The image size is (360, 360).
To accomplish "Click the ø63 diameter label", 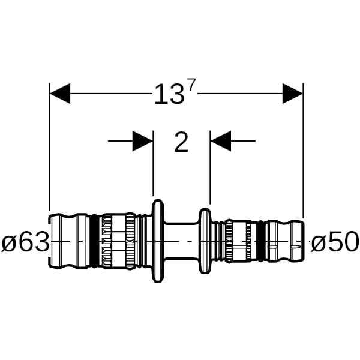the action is pos(25,241).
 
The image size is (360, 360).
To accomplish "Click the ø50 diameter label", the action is pos(335,241).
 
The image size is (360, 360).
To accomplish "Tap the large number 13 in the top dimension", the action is pos(169,94).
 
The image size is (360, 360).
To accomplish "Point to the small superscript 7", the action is pos(192,85).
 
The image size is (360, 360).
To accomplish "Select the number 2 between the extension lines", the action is pos(181,142).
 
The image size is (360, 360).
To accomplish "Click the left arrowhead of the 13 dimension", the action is pos(60,94).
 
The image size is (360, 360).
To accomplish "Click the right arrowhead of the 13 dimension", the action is pos(293,94).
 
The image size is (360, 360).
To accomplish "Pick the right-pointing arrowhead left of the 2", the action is pos(143,141).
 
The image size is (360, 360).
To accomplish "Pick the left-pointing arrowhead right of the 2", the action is pos(221,141).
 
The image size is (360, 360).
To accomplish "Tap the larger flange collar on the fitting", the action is pos(158,241).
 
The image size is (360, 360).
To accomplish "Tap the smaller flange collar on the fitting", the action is pos(205,241).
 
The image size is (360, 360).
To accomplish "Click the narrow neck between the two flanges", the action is pos(182,241).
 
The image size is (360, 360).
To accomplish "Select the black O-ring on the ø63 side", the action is pos(94,241).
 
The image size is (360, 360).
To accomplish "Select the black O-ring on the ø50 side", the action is pos(261,241).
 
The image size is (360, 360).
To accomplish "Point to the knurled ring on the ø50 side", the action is pos(229,241).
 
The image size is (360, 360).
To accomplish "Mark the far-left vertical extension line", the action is pos(49,147).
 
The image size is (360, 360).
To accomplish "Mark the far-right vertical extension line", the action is pos(303,151).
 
